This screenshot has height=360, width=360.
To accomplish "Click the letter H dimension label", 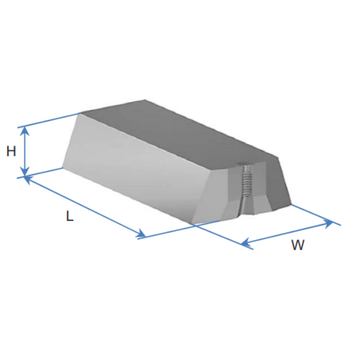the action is (x=11, y=152).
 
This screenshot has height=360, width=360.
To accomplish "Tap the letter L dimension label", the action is (x=70, y=216).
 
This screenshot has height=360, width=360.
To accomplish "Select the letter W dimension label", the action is (x=298, y=245).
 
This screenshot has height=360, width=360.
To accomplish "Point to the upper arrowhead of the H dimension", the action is (x=25, y=131).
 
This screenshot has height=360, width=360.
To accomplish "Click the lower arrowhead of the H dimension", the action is (x=25, y=172).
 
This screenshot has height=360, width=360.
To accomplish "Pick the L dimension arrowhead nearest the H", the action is (x=28, y=179).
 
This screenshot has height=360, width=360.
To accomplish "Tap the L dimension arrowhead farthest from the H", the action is (x=141, y=234).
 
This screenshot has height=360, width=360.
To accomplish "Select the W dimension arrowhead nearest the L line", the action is (x=246, y=242).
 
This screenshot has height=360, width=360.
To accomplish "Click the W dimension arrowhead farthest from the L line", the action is (x=328, y=223).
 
